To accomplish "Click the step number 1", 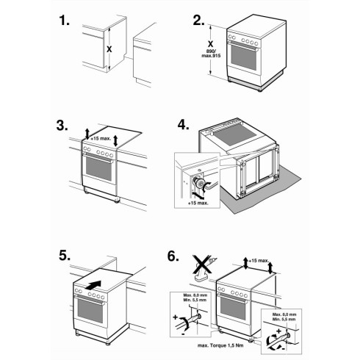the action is tap(64, 21).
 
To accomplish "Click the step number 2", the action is tap(198, 21).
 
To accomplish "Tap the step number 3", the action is tap(62, 126).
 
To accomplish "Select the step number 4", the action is tap(184, 125).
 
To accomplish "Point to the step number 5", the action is tap(65, 256).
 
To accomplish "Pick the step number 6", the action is tap(173, 256).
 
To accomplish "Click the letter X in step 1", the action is tap(109, 49).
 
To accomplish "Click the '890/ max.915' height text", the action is tap(211, 54).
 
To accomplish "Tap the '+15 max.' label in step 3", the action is tap(101, 138).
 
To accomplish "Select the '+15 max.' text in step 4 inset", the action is tap(198, 203).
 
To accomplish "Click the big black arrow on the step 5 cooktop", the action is tap(93, 285).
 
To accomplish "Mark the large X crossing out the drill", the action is tap(202, 264).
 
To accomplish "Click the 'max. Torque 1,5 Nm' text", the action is tap(220, 345).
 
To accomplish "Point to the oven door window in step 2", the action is tap(244, 58).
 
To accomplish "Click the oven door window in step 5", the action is tap(90, 311).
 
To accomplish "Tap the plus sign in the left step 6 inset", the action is tap(175, 317).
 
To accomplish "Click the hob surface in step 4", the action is tap(234, 135).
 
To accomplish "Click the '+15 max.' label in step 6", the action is tap(259, 261).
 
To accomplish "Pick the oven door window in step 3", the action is tap(98, 168).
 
